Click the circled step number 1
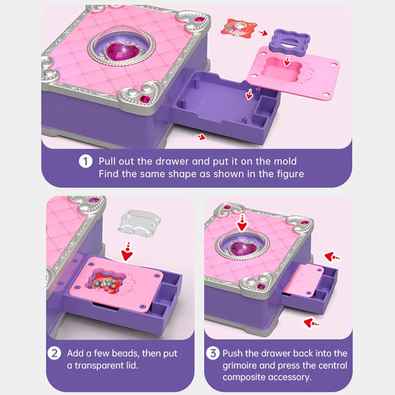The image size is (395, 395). tap(85, 161)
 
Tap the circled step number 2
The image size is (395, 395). tap(54, 353)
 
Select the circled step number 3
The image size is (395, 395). tap(213, 353)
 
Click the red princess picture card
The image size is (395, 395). tap(238, 28)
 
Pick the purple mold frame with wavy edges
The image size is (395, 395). tap(289, 40)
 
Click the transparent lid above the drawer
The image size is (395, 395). tap(140, 224)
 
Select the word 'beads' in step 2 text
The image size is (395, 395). tap(125, 353)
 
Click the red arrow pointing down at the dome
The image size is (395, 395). tap(242, 222)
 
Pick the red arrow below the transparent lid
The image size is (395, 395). tap(127, 251)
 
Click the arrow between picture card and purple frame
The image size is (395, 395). tap(263, 33)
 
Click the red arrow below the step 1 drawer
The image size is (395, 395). tap(200, 137)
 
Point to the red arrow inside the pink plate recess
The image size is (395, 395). tap(287, 61)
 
